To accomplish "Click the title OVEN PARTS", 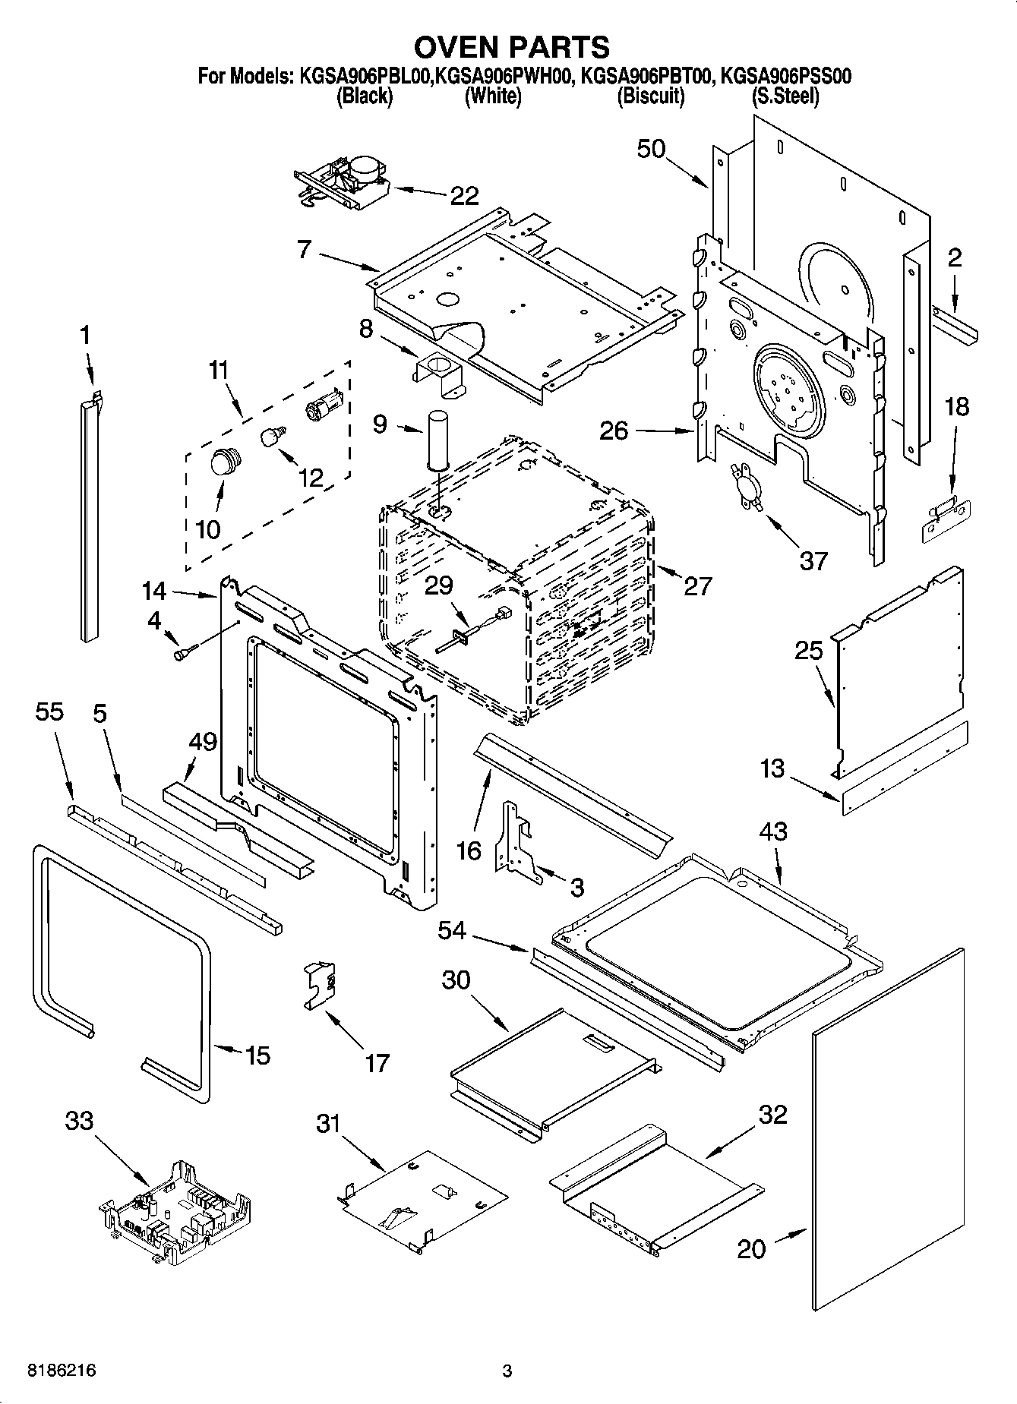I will (511, 46).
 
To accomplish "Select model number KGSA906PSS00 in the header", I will (785, 77).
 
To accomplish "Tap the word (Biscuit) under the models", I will (651, 96).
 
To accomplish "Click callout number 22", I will (464, 196).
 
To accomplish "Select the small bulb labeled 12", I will (272, 437).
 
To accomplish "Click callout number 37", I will (813, 561).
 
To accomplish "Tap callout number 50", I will (651, 149).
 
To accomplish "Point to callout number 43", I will (772, 831).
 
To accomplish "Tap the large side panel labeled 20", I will (887, 1132).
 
